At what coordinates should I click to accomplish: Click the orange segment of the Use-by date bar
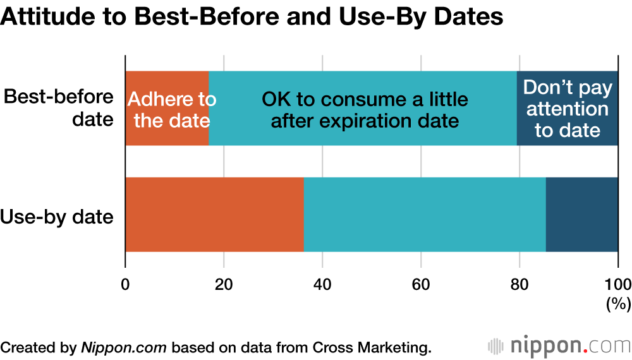pos(214,215)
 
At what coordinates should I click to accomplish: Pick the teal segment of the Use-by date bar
pos(425,215)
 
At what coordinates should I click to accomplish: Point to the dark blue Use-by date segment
pos(581,215)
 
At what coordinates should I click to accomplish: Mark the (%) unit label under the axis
pos(617,304)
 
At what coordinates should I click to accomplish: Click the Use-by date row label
pos(57,218)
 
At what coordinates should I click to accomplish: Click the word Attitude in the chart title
pos(41,17)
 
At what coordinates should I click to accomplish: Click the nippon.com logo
pos(559,346)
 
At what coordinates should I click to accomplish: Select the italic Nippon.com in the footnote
pos(125,347)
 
